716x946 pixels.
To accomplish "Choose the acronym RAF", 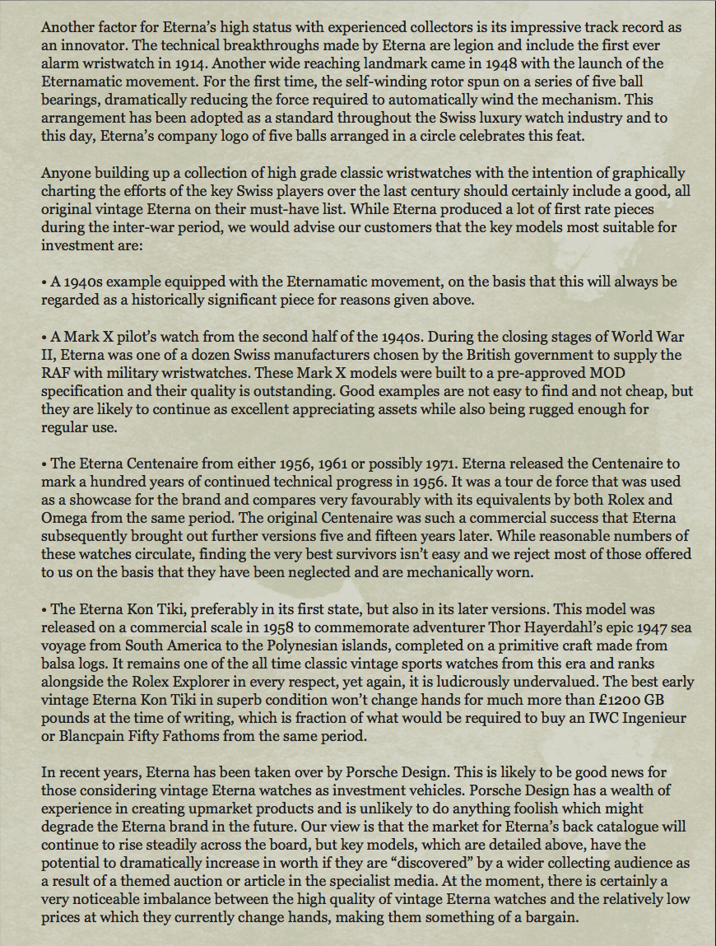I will (x=56, y=373).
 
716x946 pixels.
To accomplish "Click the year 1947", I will (x=649, y=627).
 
